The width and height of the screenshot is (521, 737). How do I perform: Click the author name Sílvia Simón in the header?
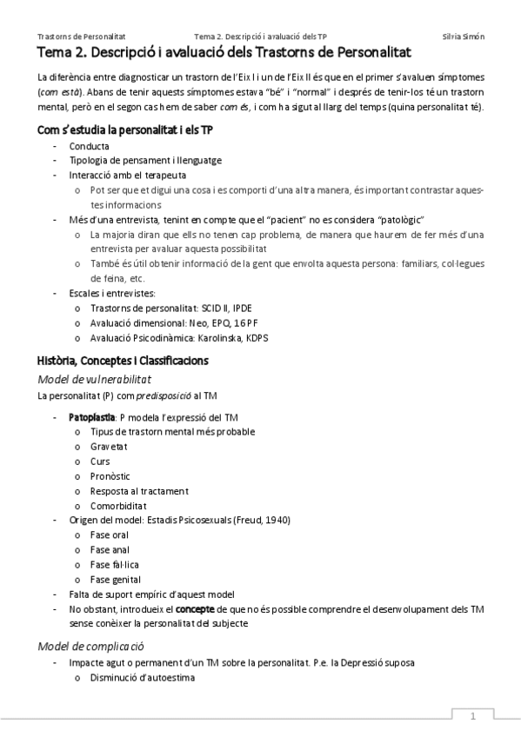(x=464, y=37)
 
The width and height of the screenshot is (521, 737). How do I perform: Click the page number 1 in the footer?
(x=472, y=717)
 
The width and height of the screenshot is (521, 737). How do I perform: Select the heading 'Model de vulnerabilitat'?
(x=95, y=379)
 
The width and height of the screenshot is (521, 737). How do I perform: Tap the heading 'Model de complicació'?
(x=90, y=646)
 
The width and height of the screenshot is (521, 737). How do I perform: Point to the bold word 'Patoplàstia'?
(x=92, y=417)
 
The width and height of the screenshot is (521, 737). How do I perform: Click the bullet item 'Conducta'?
(x=89, y=146)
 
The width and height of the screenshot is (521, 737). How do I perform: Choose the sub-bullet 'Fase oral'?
(x=109, y=534)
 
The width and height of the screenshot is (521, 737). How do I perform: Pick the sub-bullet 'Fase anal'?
(x=109, y=549)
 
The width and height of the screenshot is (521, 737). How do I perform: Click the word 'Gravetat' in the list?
(x=109, y=446)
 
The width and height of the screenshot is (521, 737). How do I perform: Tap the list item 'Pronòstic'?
(x=110, y=475)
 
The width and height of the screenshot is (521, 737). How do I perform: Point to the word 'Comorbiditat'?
(x=117, y=505)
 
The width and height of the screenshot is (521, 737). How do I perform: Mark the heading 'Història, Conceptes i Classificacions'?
(x=123, y=360)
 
